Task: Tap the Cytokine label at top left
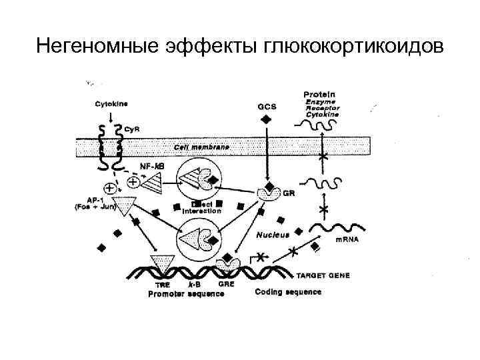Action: coord(111,103)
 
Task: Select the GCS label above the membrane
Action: coord(266,105)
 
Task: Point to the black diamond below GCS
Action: coord(266,119)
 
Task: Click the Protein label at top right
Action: coord(319,94)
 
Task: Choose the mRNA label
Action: coord(347,239)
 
